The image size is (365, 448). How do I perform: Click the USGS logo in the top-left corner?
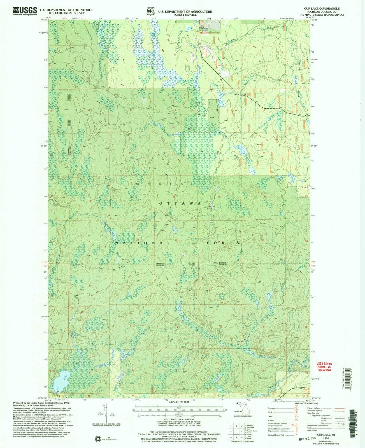pyautogui.click(x=25, y=10)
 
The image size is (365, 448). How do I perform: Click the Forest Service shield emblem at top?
pyautogui.click(x=151, y=11)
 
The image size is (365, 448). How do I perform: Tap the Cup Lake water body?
pyautogui.click(x=59, y=380)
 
